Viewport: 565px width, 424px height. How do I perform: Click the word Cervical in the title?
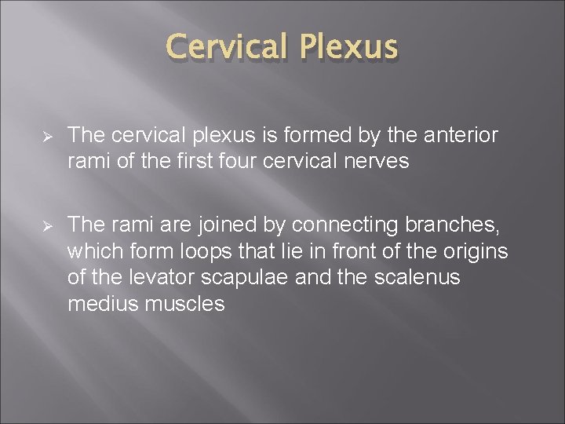[x=228, y=48]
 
